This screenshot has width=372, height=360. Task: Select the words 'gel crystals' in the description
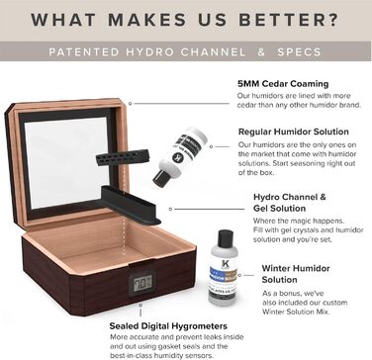[x=308, y=230]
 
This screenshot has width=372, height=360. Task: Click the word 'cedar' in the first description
[x=253, y=105]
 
